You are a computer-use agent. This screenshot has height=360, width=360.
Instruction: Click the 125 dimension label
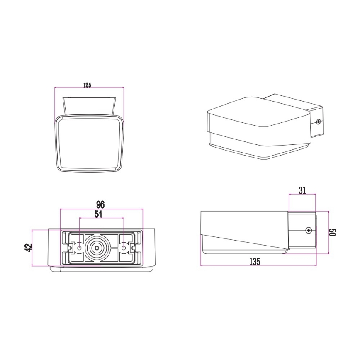pos(87,85)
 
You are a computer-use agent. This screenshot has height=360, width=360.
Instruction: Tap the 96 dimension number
pos(100,204)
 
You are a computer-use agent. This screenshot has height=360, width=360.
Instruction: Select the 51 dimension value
pos(98,214)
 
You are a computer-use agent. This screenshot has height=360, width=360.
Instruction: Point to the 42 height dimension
pos(29,248)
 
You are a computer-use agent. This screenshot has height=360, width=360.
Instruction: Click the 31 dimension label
pos(302,190)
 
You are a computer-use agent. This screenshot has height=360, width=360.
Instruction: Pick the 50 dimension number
pos(333,232)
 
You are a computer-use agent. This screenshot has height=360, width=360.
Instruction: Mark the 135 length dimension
pos(255,262)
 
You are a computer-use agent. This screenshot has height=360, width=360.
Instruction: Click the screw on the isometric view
pos(318,122)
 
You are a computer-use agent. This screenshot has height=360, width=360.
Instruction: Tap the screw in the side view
pos(309,230)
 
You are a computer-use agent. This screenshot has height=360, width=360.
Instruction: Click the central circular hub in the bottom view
pos(97,248)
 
